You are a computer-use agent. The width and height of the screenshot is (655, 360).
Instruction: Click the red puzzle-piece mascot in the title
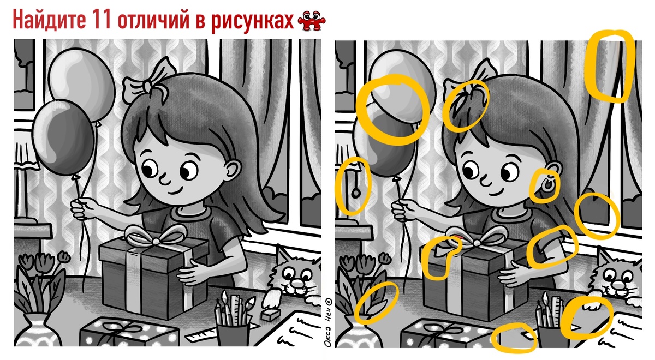(x=312, y=21)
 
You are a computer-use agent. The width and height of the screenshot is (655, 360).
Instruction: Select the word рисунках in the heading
(x=252, y=21)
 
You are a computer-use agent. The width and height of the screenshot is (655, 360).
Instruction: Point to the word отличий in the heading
(x=154, y=19)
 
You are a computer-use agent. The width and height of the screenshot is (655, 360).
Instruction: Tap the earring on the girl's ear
(x=547, y=185)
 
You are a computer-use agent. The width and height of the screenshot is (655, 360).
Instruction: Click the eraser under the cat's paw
(x=270, y=315)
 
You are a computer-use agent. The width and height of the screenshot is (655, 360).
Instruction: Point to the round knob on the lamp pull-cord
(x=355, y=193)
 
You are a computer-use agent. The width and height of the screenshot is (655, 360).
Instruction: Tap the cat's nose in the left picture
(x=297, y=283)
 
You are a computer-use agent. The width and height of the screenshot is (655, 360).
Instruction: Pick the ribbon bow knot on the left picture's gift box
(x=156, y=241)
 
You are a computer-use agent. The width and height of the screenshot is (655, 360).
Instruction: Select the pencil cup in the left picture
(x=233, y=335)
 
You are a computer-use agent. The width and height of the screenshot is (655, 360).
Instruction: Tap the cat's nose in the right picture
(x=618, y=285)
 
